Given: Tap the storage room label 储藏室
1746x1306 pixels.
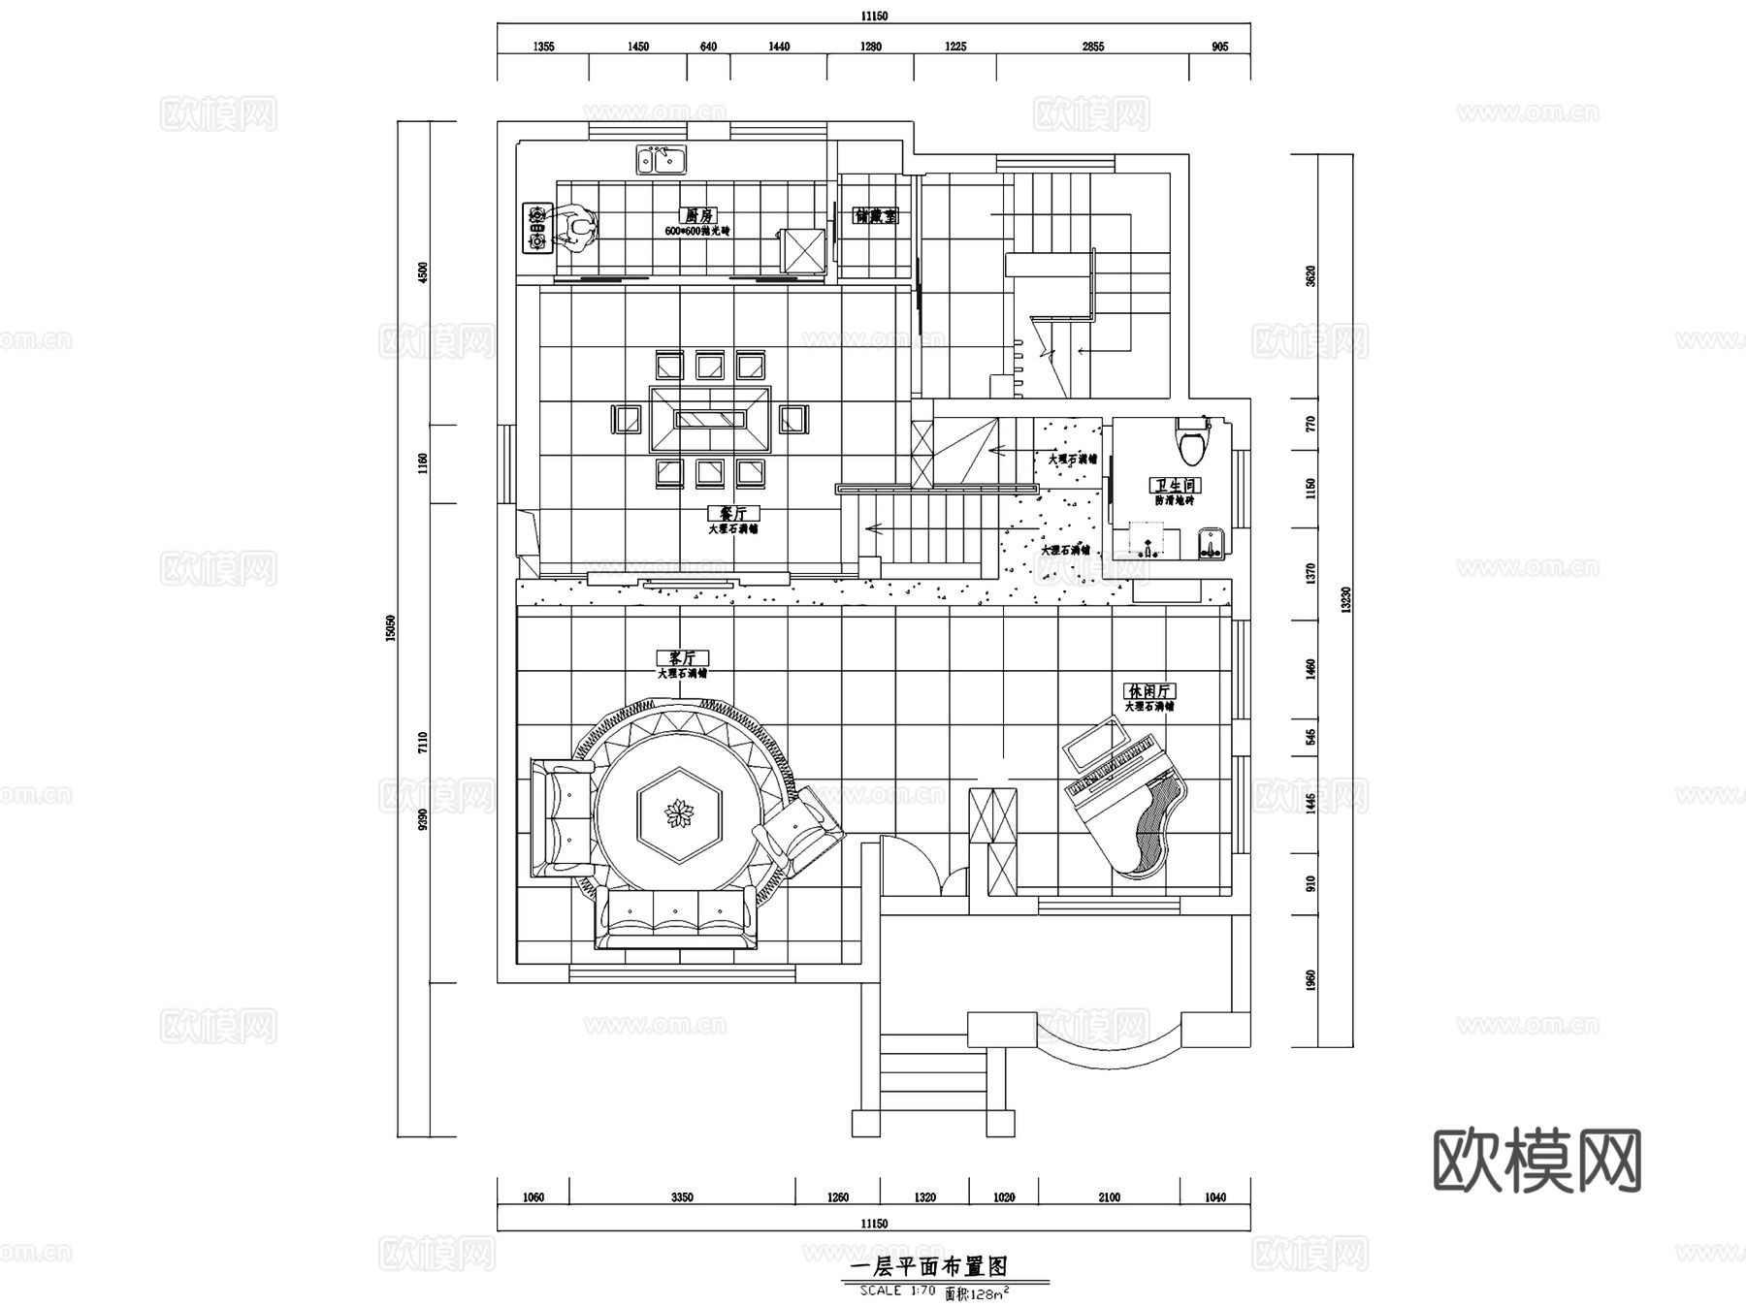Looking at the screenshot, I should pos(876,216).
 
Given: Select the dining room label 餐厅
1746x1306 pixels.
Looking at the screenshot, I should pos(732,514).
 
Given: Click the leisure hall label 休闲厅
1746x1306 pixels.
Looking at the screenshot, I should pos(1150,691).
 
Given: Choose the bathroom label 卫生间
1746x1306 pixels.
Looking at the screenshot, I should pos(1176,485).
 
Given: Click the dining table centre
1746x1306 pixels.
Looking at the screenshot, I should pos(710,419).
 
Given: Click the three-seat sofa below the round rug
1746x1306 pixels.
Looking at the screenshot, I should pos(676,916).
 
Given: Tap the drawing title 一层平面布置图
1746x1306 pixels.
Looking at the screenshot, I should pos(928,1266).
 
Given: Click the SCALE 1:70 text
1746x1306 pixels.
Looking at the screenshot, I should pos(897,1290).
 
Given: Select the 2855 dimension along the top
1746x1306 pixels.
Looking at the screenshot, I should pos(1092,47).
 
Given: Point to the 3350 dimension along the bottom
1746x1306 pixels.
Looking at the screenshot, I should pos(682,1197).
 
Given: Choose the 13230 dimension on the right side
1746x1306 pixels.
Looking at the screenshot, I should pos(1345,601).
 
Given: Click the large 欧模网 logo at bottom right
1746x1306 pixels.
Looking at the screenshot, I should pos(1536,1161).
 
